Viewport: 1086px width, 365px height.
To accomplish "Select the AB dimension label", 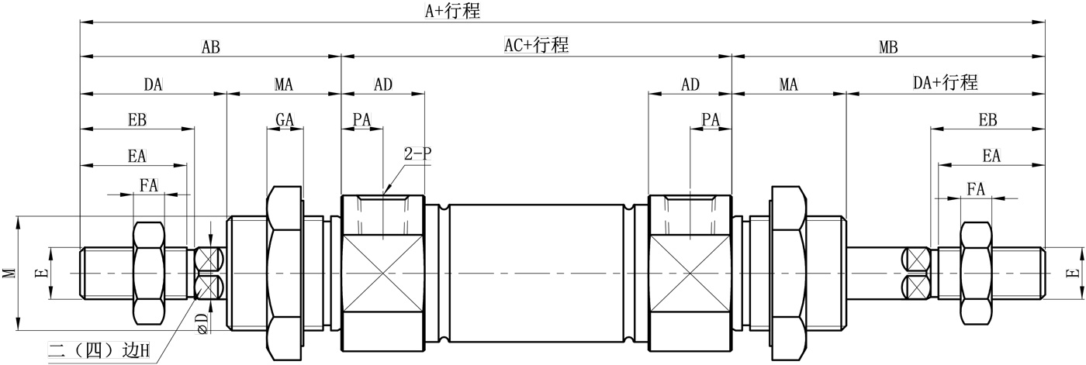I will coord(210,47).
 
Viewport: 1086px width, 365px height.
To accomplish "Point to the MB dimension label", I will coord(888,47).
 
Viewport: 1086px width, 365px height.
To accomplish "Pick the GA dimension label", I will coord(285,119).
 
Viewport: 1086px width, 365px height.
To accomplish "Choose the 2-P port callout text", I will coord(417,153).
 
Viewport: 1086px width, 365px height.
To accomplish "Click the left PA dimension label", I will coord(361,119).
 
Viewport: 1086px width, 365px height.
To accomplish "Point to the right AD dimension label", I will coord(690,84).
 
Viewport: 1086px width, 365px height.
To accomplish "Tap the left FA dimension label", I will coord(149,185).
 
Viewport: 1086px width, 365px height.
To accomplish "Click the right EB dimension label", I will coord(987,119).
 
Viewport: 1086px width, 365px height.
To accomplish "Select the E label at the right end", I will coord(1073,273).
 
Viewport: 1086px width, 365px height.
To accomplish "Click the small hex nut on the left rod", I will coord(150,273).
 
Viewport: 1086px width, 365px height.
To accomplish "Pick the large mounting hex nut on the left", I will coord(285,273).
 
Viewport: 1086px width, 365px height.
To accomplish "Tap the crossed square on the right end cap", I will coord(690,273).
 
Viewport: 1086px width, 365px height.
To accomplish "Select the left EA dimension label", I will coord(137,156).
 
